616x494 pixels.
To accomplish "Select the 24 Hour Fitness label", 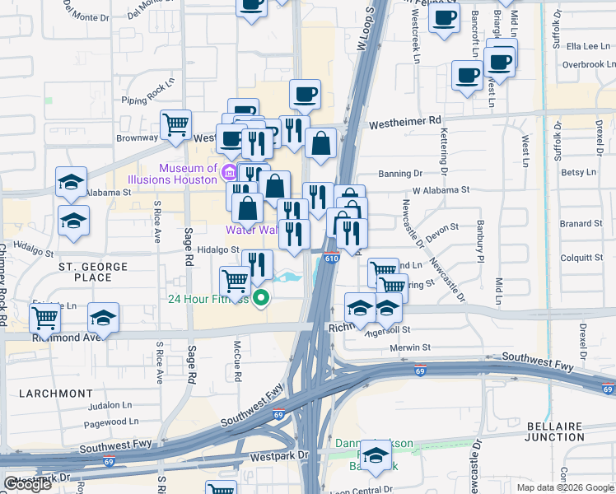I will tap(208, 299).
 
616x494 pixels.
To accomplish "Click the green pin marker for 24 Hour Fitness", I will tap(261, 298).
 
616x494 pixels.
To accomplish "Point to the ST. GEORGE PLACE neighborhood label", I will tap(93, 272).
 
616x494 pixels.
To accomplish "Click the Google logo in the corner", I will tap(27, 484).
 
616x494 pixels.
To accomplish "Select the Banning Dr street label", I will tap(400, 174).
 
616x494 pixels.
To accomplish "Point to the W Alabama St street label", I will tap(441, 189).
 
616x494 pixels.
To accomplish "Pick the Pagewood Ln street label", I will tap(105, 422).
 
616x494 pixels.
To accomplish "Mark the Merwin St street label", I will tap(412, 347).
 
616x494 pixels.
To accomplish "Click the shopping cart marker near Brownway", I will tap(175, 124).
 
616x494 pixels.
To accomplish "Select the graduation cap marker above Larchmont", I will tap(104, 317).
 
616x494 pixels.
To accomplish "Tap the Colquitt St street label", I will tap(581, 258).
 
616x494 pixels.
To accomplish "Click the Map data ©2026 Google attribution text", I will tap(565, 487).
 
